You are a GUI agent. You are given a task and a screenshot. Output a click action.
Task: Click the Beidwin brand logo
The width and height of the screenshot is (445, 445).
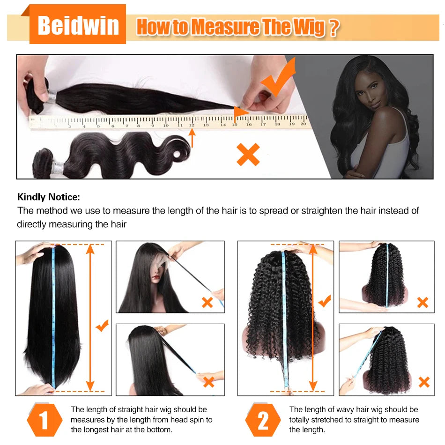(x=78, y=25)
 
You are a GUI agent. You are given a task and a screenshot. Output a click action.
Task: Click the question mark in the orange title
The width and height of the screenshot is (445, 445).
(x=333, y=28)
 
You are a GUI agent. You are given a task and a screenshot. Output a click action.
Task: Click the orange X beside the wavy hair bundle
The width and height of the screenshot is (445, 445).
(x=248, y=155)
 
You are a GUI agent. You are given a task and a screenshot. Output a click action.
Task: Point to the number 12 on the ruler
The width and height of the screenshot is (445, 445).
(x=192, y=125)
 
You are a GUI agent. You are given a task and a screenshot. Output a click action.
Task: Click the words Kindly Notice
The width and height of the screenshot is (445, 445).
(x=49, y=197)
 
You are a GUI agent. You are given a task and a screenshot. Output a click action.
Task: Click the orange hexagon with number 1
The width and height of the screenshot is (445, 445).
(x=44, y=420)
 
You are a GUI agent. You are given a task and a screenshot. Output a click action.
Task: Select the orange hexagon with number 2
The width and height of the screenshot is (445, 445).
(x=263, y=420)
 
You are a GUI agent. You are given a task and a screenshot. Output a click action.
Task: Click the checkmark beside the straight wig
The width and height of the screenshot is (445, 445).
(x=102, y=325)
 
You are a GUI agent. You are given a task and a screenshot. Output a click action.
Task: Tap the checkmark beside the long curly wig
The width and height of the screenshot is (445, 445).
(x=324, y=301)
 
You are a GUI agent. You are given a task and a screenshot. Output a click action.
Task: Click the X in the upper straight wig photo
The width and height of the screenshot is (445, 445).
(x=207, y=302)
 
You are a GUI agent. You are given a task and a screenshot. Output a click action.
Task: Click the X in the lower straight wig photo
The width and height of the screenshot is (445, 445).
(x=208, y=382)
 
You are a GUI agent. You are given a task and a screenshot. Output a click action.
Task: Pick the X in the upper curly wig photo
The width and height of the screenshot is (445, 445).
(x=423, y=302)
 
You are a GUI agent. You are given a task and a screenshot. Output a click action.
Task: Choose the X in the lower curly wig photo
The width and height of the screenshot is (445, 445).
(x=424, y=382)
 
